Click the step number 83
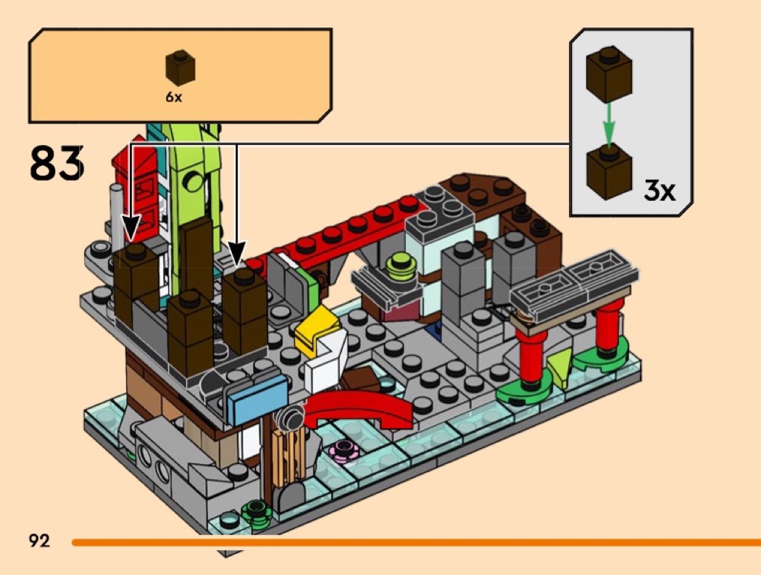[x=57, y=163]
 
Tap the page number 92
[x=39, y=540]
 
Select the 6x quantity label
[x=174, y=97]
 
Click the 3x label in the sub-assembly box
[x=659, y=191]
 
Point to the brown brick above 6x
[x=180, y=67]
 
